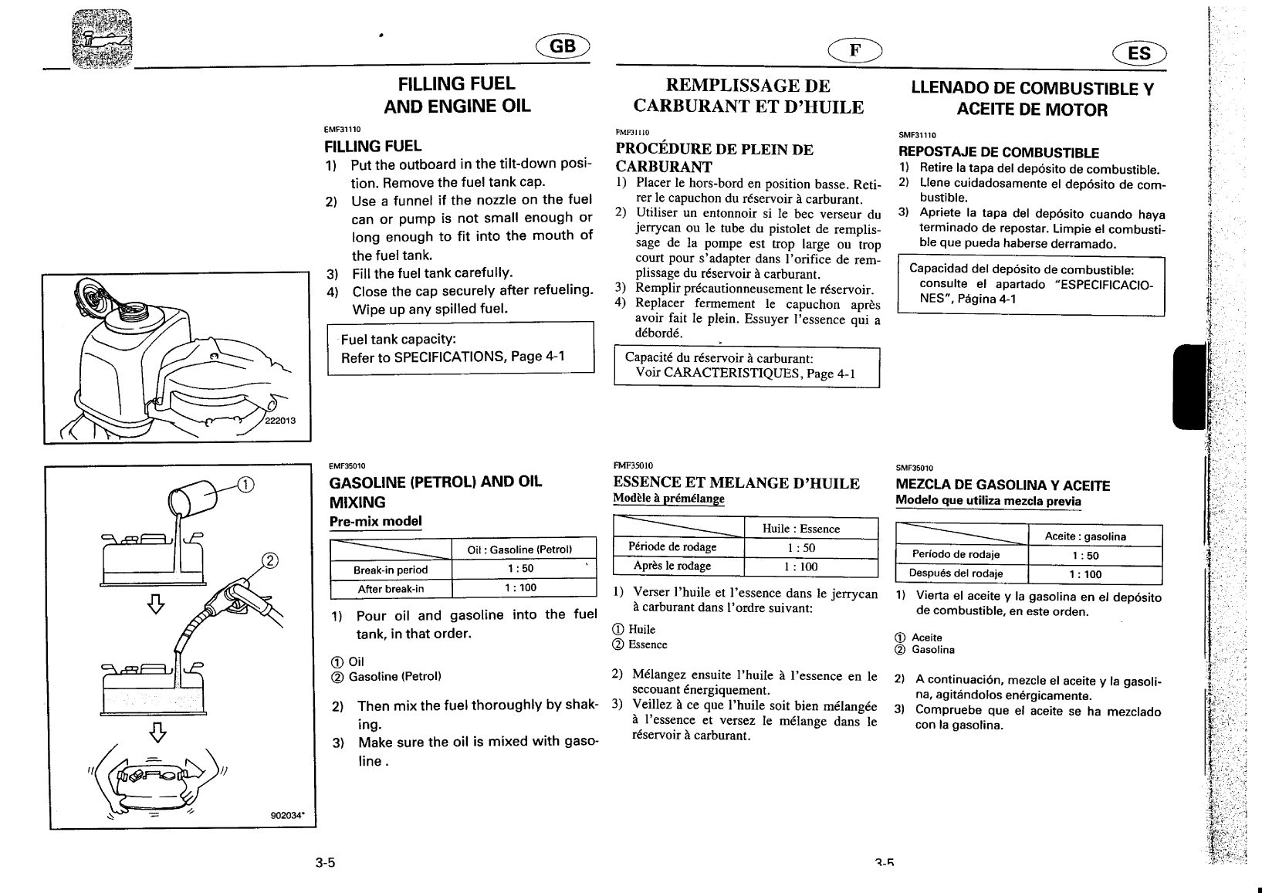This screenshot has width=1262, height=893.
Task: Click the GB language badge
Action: [563, 46]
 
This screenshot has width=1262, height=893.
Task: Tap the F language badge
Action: [854, 50]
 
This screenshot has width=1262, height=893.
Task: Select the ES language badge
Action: [1139, 53]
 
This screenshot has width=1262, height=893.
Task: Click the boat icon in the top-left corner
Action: [102, 39]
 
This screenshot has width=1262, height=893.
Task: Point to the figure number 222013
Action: [280, 421]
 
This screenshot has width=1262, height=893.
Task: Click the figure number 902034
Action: [287, 815]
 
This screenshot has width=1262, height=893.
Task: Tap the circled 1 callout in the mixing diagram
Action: [245, 485]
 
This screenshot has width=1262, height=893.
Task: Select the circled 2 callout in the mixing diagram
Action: [270, 560]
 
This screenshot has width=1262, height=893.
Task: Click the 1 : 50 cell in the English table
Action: [520, 569]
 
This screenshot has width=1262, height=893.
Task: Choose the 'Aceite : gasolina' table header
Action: [1085, 536]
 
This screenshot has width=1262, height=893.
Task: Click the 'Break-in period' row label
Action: [391, 570]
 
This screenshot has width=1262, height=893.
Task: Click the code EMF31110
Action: [342, 130]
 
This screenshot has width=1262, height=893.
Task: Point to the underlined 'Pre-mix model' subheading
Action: [375, 521]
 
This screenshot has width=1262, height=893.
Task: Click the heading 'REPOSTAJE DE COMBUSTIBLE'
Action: [998, 152]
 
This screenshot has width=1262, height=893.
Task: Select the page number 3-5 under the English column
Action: [325, 862]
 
